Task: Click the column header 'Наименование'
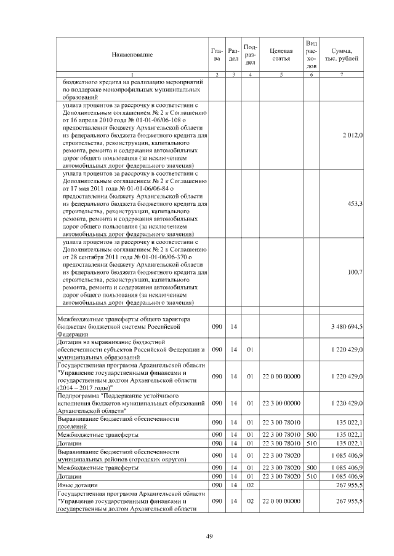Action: tap(132, 55)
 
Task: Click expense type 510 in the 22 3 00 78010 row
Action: tap(312, 443)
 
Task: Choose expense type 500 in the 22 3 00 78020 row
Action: tap(312, 468)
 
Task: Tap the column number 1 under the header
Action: tap(132, 75)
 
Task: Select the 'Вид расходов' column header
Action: tap(312, 54)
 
